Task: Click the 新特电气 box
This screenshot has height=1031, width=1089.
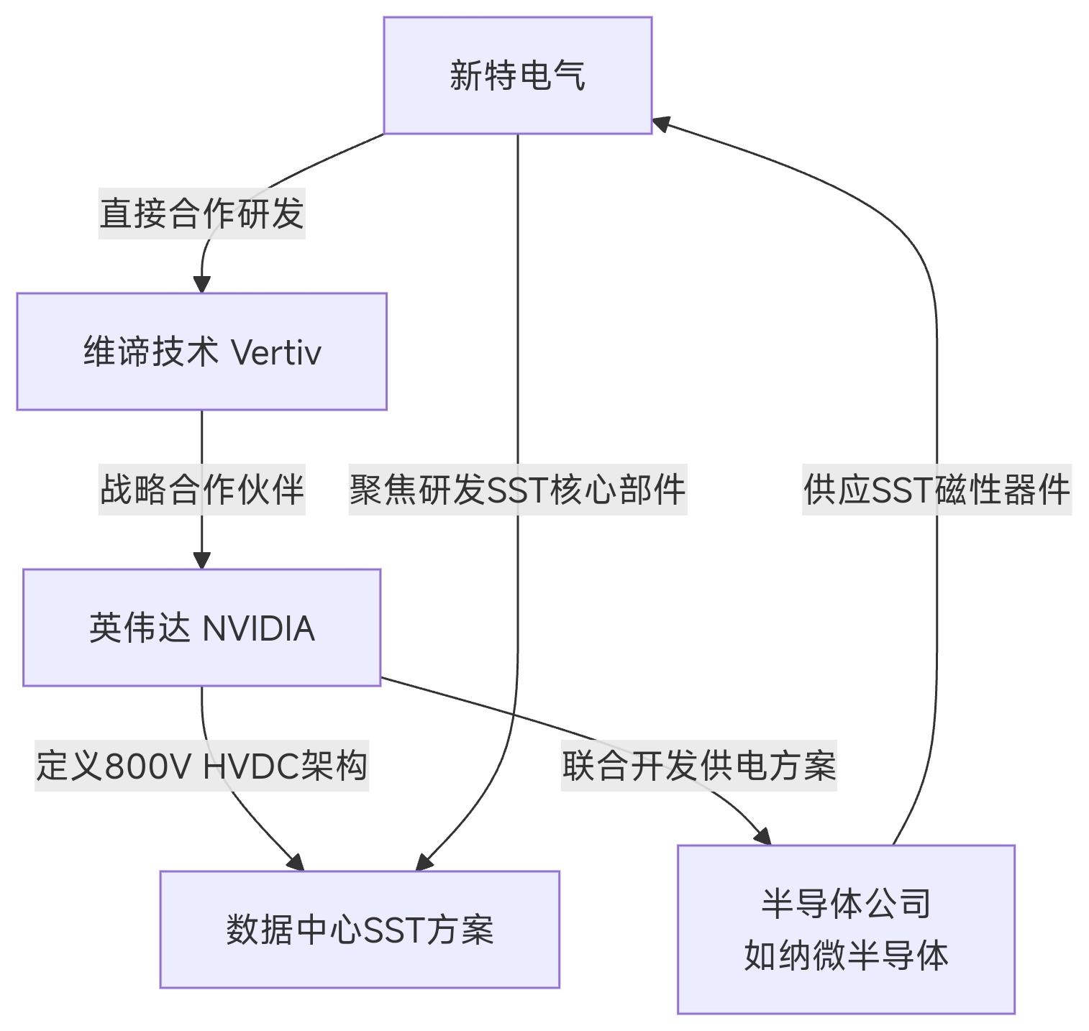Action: click(517, 75)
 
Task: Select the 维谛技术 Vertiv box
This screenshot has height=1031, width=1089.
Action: click(201, 352)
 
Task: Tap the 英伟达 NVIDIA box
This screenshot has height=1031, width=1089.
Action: click(201, 628)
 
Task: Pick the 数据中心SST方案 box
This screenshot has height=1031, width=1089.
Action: click(360, 930)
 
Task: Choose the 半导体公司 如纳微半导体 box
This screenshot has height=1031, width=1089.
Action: click(846, 930)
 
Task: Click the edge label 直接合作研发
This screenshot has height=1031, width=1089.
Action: click(201, 214)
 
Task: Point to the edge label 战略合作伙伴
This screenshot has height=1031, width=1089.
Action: click(201, 490)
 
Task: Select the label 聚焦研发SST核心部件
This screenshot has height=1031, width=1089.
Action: click(517, 490)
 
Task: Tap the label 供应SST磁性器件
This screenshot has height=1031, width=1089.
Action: click(937, 490)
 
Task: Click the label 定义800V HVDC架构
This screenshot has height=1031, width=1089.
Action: click(201, 766)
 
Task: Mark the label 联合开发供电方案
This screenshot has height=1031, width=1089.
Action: click(698, 766)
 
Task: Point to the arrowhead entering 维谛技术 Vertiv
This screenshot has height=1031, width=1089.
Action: click(201, 285)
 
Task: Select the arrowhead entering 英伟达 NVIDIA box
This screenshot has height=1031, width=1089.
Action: click(201, 561)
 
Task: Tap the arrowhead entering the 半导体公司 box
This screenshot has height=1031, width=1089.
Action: click(762, 836)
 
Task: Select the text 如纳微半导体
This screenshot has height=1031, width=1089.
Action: click(846, 956)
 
